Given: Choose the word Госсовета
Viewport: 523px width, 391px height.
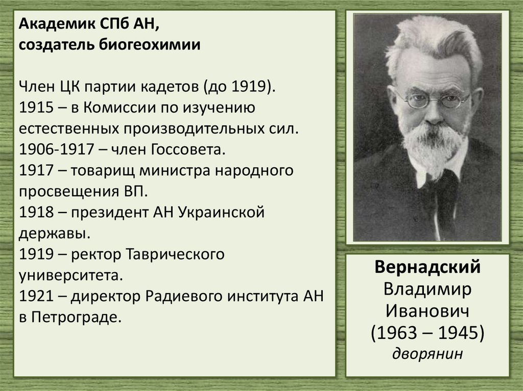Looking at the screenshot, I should (188, 150).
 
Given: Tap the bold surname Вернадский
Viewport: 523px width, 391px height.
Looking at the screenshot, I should (427, 268).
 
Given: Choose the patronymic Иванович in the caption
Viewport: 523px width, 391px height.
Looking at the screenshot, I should (427, 311).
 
